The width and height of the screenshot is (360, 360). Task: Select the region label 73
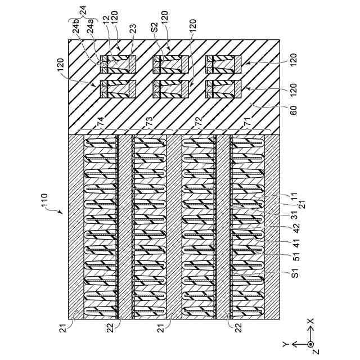(149, 120)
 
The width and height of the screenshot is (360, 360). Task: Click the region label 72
(198, 120)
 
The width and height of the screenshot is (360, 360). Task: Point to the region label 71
(246, 120)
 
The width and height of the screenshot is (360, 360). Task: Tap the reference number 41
(293, 244)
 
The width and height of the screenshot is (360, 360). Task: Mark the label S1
(293, 276)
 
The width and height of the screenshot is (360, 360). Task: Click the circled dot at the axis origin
(310, 344)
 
